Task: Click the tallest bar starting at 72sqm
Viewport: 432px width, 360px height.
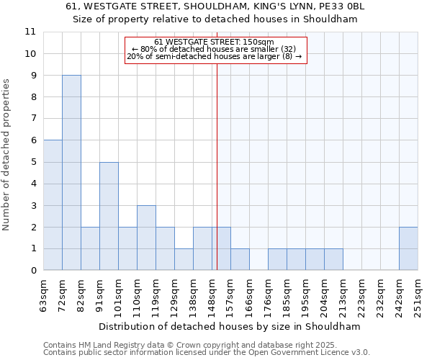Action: (x=71, y=173)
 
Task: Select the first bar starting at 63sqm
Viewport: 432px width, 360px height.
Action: (x=53, y=205)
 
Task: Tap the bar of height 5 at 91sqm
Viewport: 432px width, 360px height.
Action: (x=109, y=216)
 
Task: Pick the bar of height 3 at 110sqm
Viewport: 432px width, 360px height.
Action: (x=146, y=238)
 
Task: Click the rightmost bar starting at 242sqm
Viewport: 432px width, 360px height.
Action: (x=408, y=248)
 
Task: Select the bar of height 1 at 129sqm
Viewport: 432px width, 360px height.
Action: (x=184, y=259)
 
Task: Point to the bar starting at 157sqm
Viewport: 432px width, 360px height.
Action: (x=240, y=259)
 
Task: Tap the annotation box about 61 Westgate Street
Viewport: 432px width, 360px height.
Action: (x=216, y=50)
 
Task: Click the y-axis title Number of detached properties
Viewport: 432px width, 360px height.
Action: (x=7, y=155)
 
